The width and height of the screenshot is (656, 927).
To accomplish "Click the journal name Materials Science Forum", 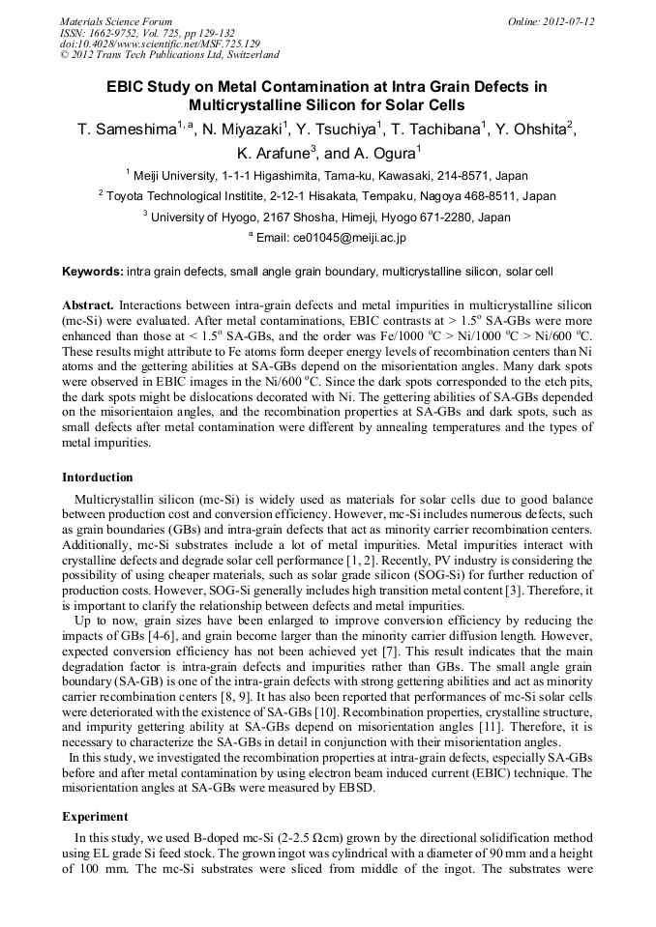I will [116, 21].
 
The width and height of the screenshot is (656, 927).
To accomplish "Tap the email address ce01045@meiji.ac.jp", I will [339, 237].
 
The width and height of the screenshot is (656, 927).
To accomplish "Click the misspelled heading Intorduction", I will [98, 478].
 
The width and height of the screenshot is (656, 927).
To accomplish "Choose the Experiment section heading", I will [95, 817].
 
